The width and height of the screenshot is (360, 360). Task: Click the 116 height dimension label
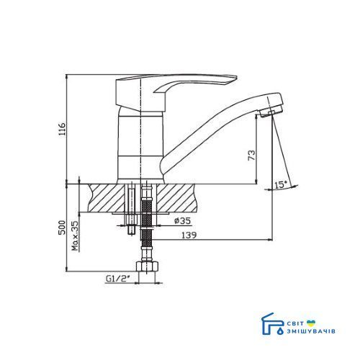tap(62, 130)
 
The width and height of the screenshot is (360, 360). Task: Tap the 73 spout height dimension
tap(251, 156)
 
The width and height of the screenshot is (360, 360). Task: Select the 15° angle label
tap(281, 185)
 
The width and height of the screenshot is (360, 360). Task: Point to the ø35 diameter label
tap(183, 220)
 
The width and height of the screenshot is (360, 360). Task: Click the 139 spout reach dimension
tap(189, 235)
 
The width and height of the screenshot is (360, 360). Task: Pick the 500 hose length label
tap(62, 228)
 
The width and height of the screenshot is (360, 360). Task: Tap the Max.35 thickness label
tap(76, 236)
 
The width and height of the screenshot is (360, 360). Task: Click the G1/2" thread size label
tap(117, 279)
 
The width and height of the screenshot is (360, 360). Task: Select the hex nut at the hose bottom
tap(148, 266)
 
